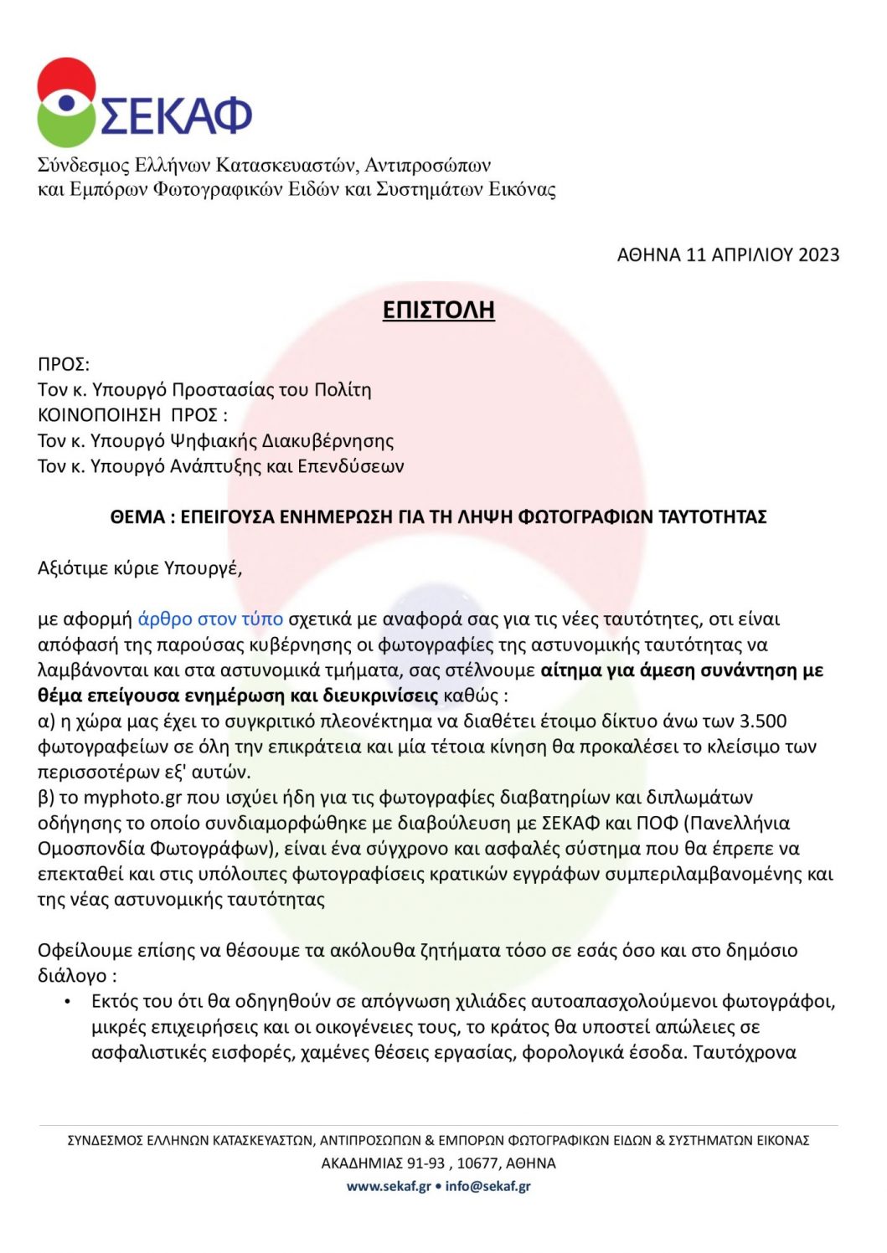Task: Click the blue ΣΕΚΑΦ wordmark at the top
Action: click(177, 115)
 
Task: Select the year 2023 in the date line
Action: click(818, 255)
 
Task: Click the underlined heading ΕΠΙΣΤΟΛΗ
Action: click(438, 310)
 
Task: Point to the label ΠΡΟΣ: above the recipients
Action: click(64, 364)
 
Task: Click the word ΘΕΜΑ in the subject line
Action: click(137, 517)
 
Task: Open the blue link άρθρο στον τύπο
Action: click(210, 619)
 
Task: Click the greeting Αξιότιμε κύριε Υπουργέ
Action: click(140, 568)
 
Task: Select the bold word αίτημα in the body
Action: click(572, 670)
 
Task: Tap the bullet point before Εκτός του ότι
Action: click(67, 1002)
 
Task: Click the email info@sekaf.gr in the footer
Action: click(488, 1186)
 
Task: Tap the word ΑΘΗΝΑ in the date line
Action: click(648, 255)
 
